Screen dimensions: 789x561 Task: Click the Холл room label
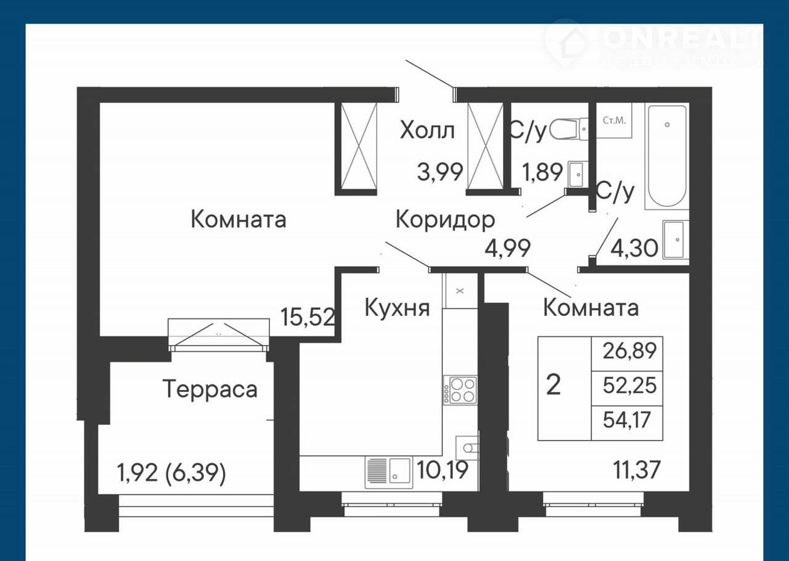pos(427,130)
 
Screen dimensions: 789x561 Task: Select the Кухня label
pos(397,307)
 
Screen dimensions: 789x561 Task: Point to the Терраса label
pos(210,389)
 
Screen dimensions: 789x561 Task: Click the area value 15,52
pos(308,317)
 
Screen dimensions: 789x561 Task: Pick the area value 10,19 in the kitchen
pos(443,469)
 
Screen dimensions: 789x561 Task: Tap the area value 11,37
pos(637,469)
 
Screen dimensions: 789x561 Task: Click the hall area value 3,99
pos(440,172)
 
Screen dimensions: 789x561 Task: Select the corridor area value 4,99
pos(507,248)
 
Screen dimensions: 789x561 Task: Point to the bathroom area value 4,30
pos(634,248)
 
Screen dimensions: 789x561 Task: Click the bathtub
pos(667,156)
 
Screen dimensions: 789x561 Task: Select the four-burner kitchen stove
pos(460,390)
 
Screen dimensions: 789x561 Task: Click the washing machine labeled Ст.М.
pos(614,120)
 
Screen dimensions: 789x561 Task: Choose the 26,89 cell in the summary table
pos(627,353)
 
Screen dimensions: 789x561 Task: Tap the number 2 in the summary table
pos(554,385)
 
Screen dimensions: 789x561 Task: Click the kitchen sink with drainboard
pos(389,472)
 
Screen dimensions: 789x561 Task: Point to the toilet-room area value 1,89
pos(542,172)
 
